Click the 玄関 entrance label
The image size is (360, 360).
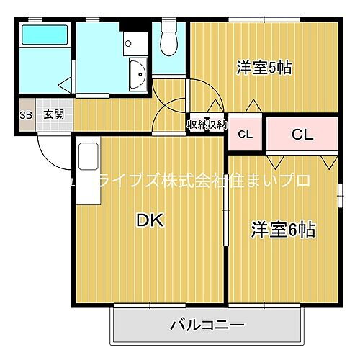[x=53, y=114]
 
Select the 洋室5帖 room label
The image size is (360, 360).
[x=264, y=68]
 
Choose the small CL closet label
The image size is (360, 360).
[x=246, y=133]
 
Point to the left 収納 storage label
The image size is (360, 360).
[x=197, y=124]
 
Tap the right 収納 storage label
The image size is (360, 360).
[x=217, y=124]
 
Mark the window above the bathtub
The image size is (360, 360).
[x=44, y=20]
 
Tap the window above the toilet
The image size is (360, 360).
[x=169, y=19]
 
